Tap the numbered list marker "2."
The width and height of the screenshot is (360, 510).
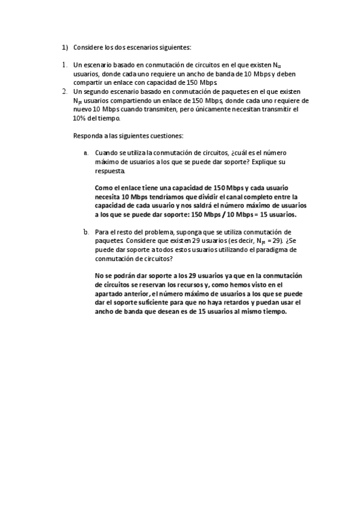point(64,91)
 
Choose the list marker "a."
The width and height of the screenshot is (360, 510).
point(87,153)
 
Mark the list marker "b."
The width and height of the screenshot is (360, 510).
point(87,232)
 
